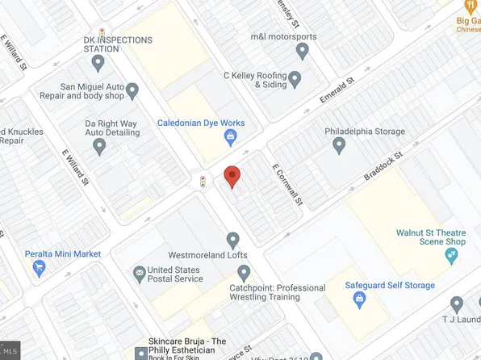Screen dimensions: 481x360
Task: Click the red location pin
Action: [x=232, y=177]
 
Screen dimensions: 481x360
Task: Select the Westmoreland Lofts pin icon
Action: [x=233, y=240]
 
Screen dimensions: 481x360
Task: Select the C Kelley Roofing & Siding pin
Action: [x=295, y=79]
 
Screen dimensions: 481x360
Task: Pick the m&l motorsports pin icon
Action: [x=303, y=51]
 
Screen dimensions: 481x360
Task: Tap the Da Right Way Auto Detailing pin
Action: [x=99, y=147]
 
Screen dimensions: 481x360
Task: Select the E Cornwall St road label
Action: [x=286, y=182]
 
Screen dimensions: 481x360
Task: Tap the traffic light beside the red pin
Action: [x=203, y=182]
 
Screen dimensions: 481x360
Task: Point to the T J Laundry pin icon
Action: [x=457, y=304]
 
